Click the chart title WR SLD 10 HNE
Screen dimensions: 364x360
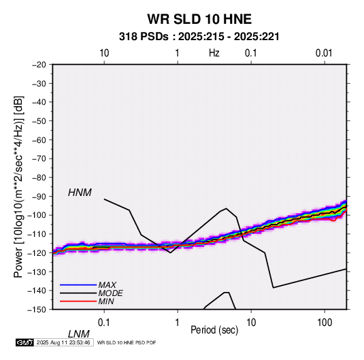tap(199, 19)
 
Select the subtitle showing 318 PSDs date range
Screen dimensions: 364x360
tap(199, 37)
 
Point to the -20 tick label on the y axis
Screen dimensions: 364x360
tap(39, 65)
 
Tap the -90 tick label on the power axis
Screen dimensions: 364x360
tap(39, 196)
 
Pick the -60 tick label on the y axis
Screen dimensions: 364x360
tap(39, 140)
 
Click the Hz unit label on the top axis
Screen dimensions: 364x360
tap(214, 53)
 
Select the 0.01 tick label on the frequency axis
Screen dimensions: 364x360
tap(324, 53)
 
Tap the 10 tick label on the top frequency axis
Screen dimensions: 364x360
tap(104, 53)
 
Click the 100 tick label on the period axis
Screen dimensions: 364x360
tap(325, 323)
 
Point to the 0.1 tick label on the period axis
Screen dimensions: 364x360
tap(104, 323)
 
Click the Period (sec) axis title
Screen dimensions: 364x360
tap(214, 330)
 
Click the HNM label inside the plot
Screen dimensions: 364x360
tap(80, 193)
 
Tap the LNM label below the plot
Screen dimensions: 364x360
tap(78, 334)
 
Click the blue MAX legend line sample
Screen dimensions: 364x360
tap(78, 285)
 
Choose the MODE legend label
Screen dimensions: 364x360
tap(110, 293)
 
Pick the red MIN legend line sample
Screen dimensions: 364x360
tap(78, 301)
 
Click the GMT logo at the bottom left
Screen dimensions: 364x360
tap(25, 342)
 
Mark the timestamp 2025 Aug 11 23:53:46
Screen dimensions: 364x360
tap(63, 342)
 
